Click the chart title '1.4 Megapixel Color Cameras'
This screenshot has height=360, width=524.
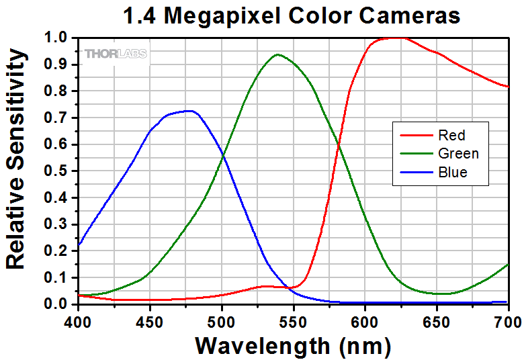pos(292,15)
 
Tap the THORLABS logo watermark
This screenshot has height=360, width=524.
pos(116,53)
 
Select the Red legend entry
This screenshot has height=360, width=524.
pos(451,135)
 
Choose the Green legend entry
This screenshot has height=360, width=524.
pos(457,154)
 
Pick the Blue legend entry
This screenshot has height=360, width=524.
pos(452,173)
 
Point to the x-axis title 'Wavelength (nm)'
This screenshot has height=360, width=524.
pos(292,346)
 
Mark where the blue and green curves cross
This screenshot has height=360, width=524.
pos(222,156)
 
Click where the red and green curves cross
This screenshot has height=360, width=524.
pos(337,144)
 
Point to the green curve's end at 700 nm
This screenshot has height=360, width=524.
pos(508,264)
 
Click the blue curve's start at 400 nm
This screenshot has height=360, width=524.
pos(79,244)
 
